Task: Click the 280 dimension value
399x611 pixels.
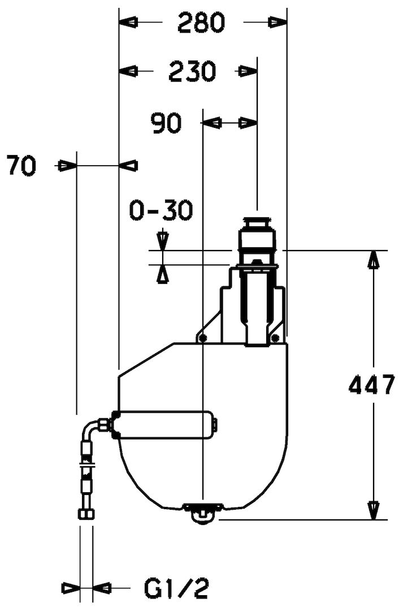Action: tap(201, 22)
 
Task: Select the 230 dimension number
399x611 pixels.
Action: tap(192, 71)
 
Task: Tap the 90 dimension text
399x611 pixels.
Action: tap(167, 123)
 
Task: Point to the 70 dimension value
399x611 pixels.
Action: tap(21, 166)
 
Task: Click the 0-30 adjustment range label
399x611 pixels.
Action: tap(161, 210)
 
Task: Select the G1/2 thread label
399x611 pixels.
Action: tap(177, 588)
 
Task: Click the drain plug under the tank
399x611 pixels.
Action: tap(203, 512)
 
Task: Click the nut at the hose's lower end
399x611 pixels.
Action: tap(86, 514)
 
